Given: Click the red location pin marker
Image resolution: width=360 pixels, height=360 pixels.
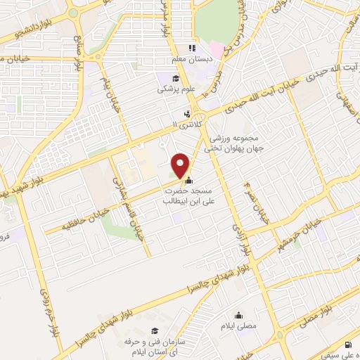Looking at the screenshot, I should pos(181,165).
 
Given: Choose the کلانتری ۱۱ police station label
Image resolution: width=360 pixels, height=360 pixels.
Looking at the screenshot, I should pos(186,124).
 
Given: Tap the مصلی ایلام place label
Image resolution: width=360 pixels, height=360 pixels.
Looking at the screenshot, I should pos(239,327).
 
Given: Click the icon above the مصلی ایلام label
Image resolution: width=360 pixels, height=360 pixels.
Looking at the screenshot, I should pos(239,315).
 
